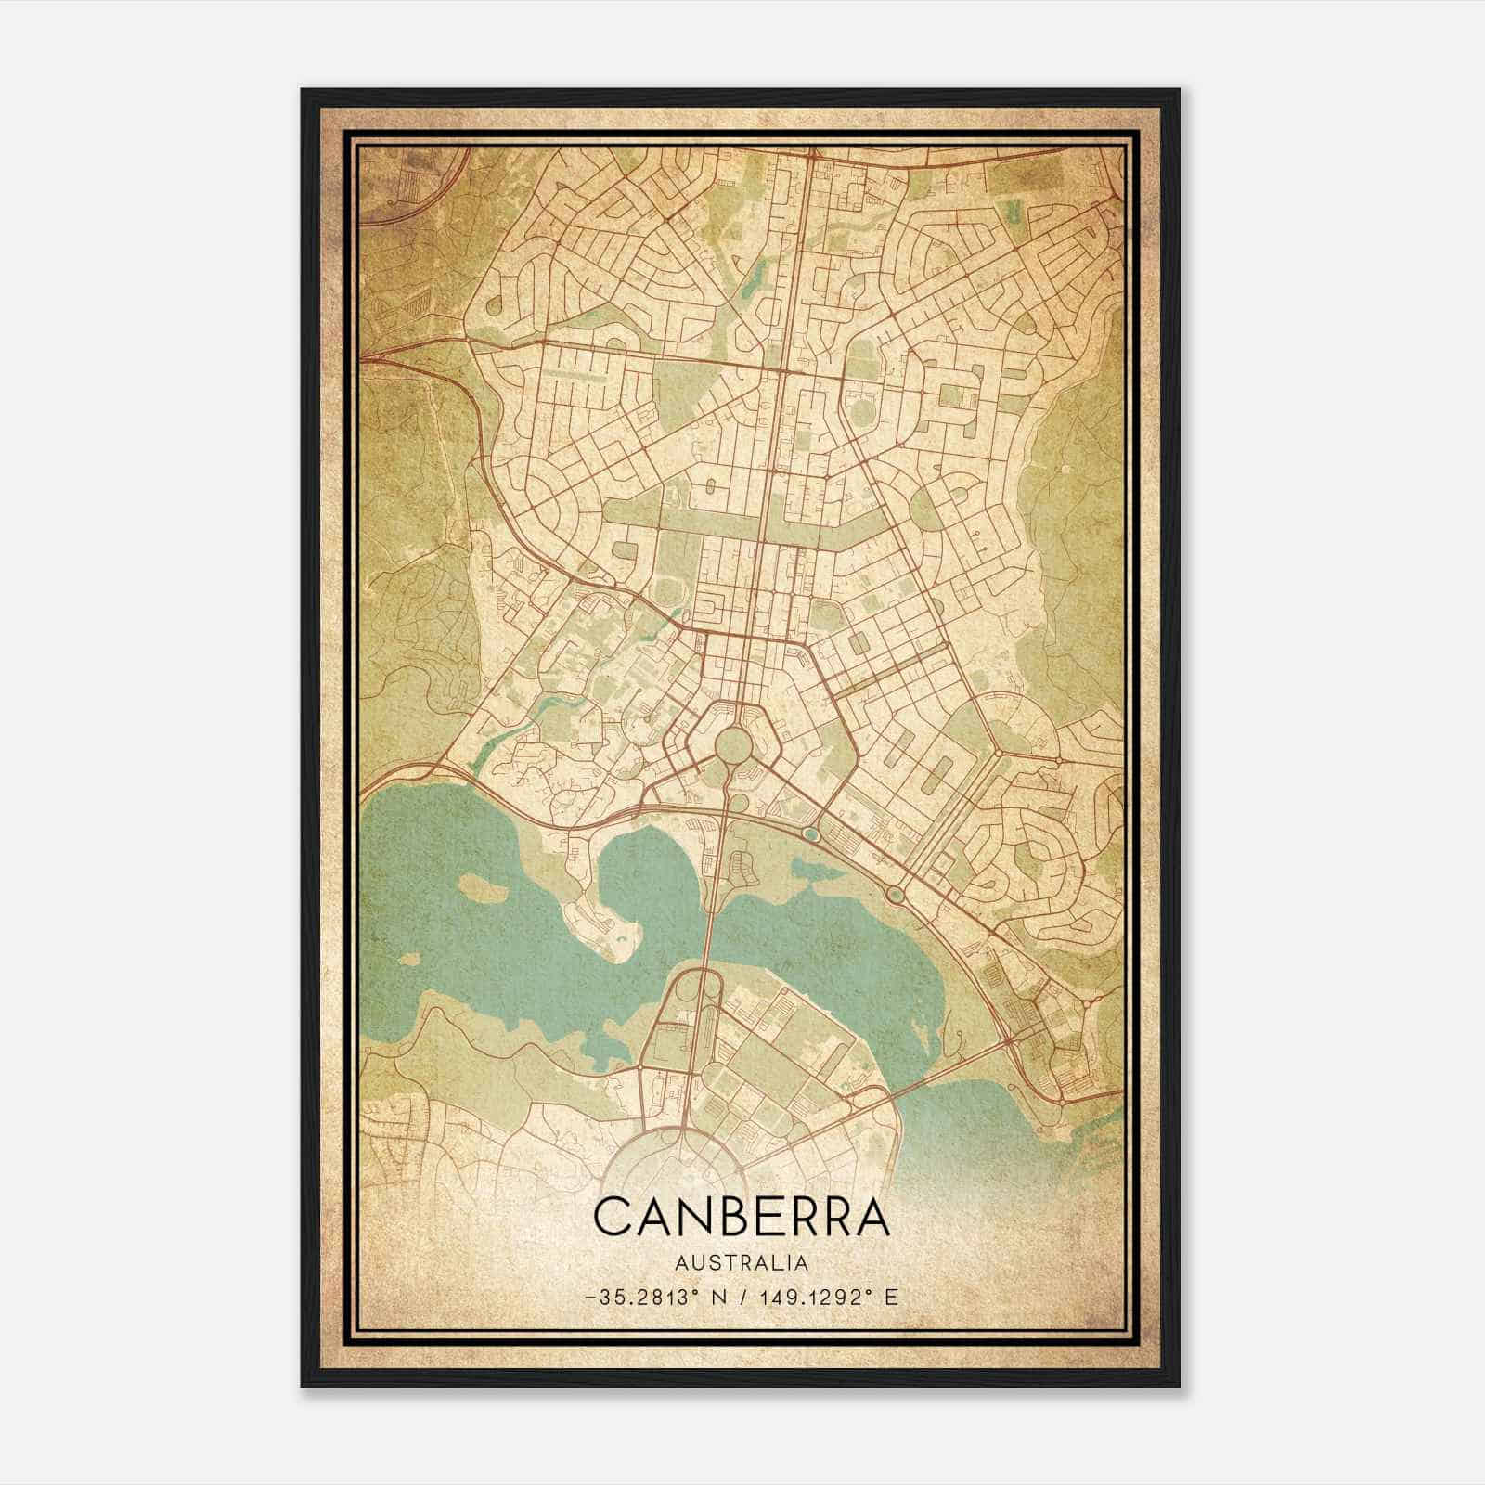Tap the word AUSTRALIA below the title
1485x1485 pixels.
click(x=742, y=1262)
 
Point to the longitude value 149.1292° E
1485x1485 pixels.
click(x=826, y=1298)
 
